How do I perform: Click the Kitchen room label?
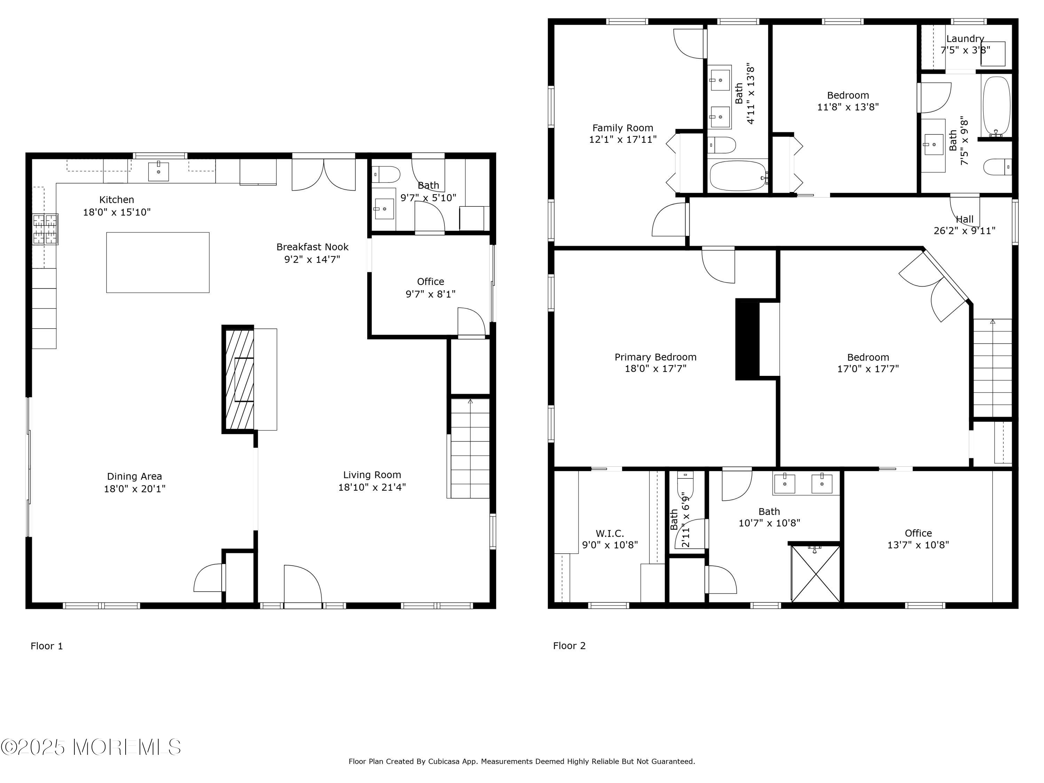click(117, 200)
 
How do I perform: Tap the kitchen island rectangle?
click(158, 262)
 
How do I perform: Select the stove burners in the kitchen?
click(45, 229)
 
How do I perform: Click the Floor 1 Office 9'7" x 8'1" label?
click(430, 287)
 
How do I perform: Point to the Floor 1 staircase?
click(469, 448)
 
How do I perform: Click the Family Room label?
click(623, 128)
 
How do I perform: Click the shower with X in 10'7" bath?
click(816, 574)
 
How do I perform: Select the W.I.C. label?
click(610, 534)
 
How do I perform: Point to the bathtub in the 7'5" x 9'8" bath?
click(996, 106)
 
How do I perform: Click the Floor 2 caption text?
click(569, 646)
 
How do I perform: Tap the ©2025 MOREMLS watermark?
click(90, 747)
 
